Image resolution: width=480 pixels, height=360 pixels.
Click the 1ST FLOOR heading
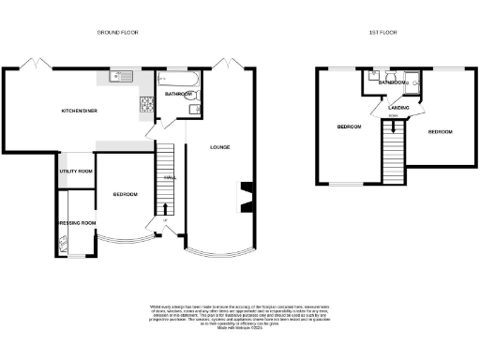383,33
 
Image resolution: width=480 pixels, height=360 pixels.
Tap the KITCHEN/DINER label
80,111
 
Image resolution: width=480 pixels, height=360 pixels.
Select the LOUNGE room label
220,147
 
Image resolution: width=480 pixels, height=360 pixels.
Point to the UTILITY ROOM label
76,172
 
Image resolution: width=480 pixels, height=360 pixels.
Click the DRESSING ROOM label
76,223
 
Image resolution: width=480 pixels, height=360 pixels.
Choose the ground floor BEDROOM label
126,194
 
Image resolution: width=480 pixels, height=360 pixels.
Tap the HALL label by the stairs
170,177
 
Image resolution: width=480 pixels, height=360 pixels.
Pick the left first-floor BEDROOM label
350,127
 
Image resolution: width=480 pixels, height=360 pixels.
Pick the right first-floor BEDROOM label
440,132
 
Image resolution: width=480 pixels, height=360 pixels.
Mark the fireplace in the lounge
247,198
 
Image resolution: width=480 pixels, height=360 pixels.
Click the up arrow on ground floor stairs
167,209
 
